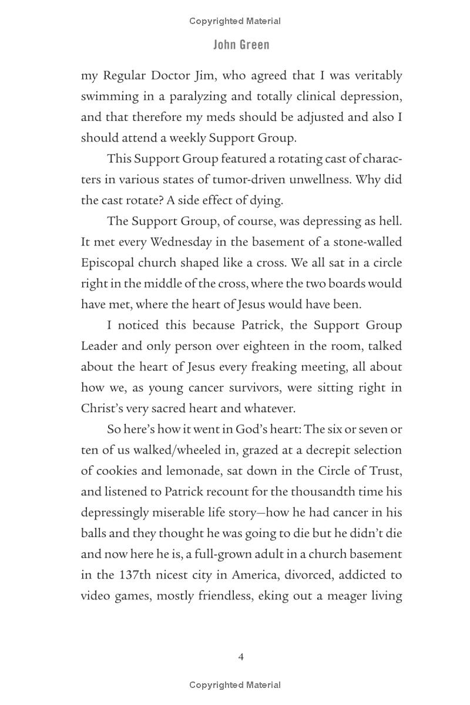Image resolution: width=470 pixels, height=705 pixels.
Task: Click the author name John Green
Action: pyautogui.click(x=241, y=45)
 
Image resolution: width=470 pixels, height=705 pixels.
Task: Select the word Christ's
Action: pyautogui.click(x=103, y=409)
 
